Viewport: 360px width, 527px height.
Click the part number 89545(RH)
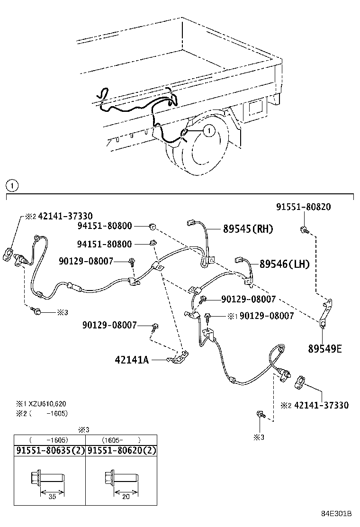(x=248, y=229)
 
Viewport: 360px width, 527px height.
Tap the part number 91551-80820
(x=303, y=207)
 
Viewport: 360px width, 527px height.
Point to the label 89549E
(x=325, y=349)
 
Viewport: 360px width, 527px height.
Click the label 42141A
(x=132, y=360)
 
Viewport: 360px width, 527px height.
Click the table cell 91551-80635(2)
(x=49, y=451)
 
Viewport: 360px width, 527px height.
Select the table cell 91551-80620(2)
(x=121, y=451)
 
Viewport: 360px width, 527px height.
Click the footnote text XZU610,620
(x=47, y=404)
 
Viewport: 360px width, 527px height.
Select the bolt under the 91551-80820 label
(x=303, y=231)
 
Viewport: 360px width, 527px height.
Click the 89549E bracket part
(x=326, y=313)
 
